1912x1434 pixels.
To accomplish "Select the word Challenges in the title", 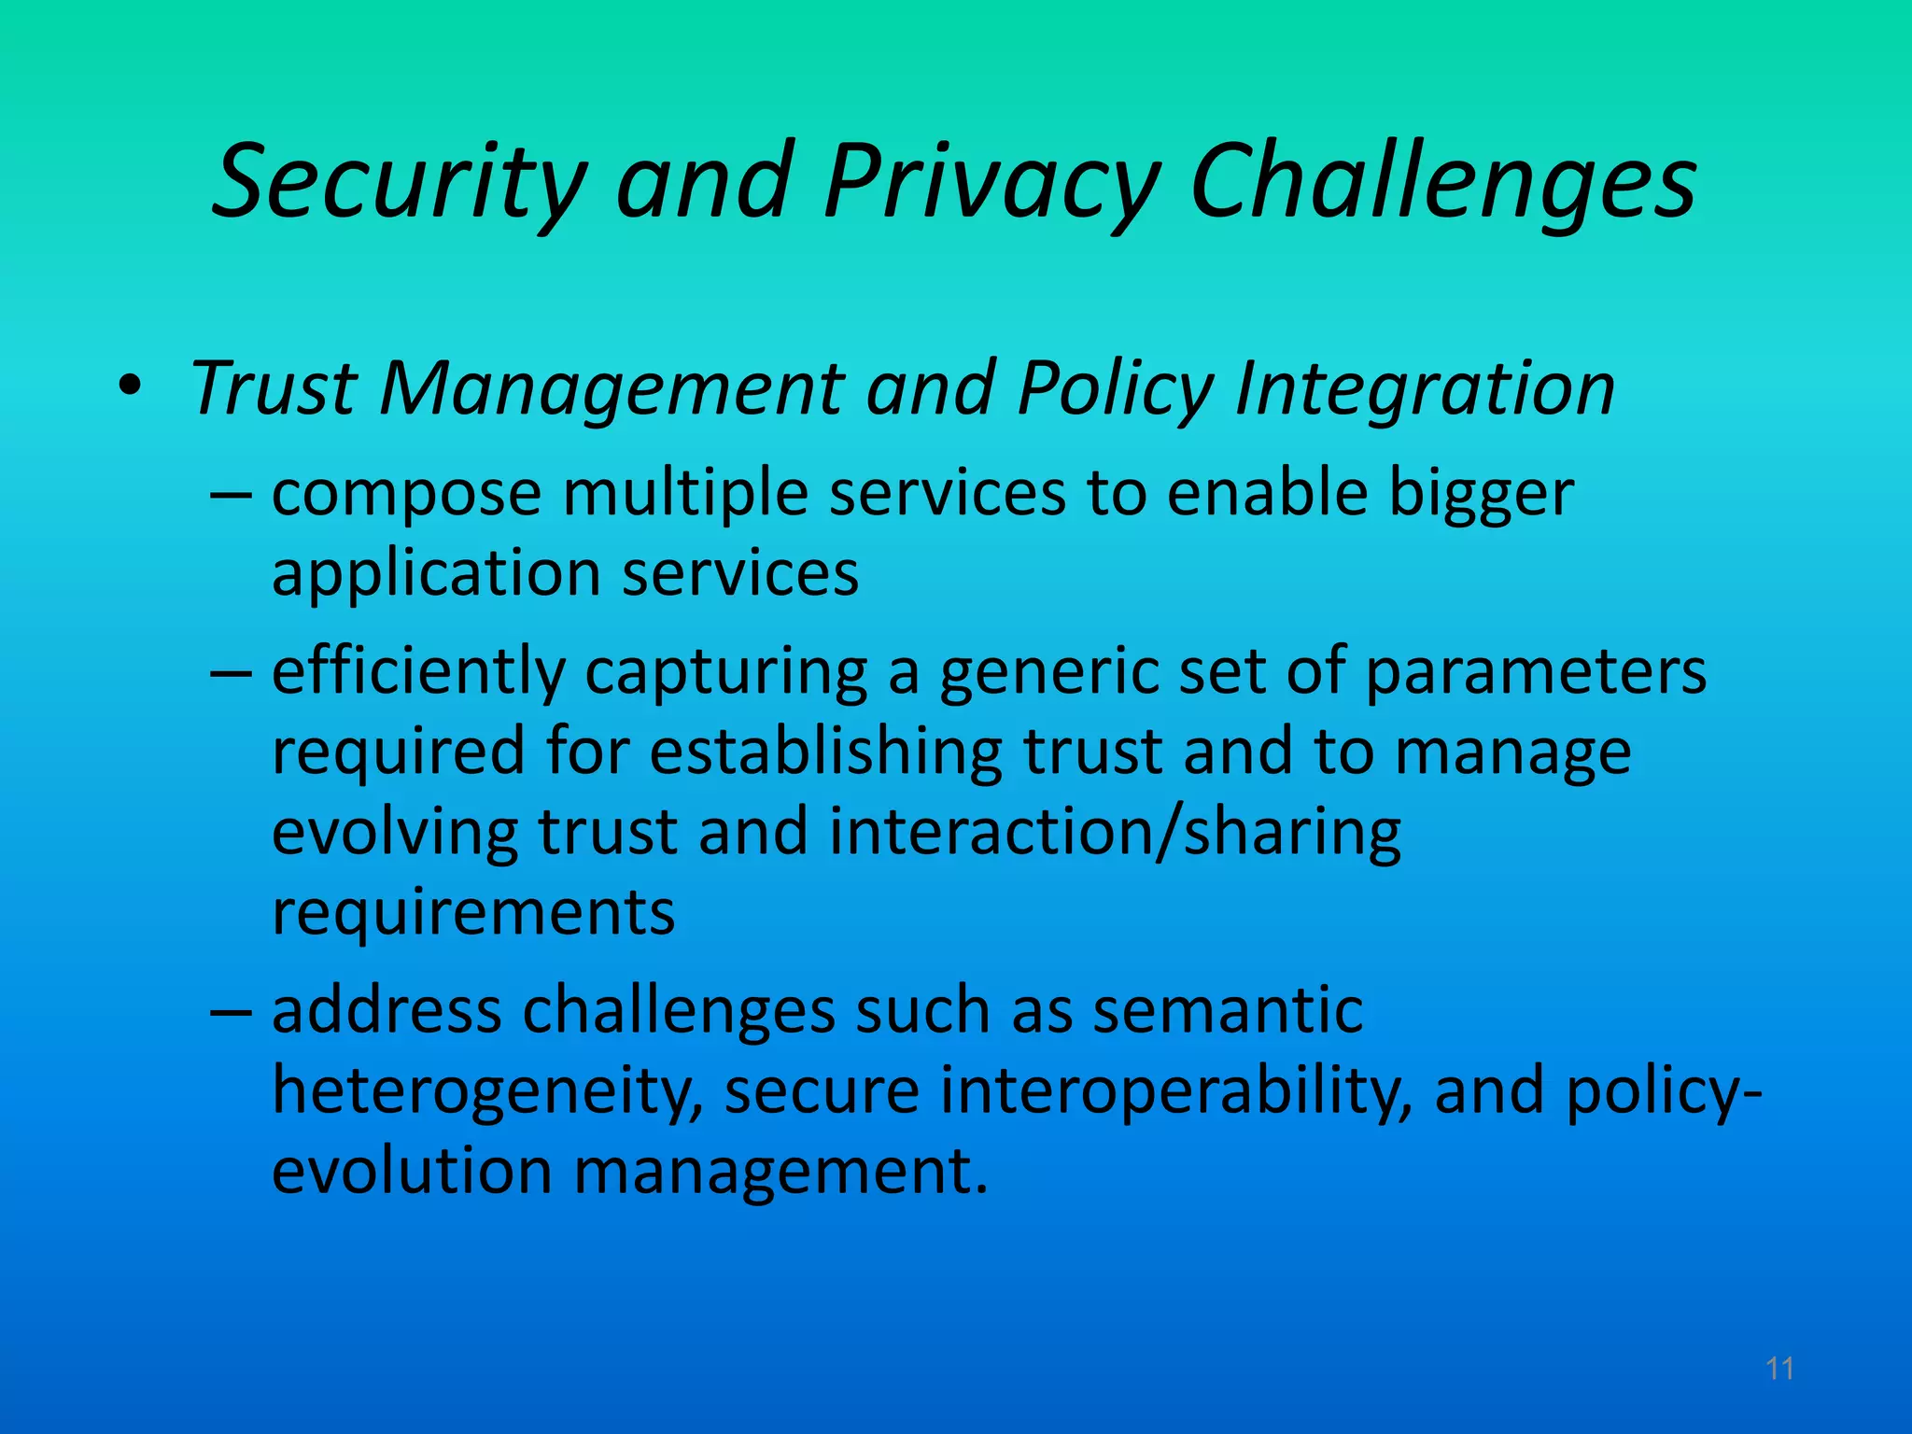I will coord(1443,182).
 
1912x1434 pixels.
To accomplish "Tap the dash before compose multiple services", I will coord(231,493).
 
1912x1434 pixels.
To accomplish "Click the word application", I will coord(436,574).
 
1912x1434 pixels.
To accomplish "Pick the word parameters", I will coord(1535,672).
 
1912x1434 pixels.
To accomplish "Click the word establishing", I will coord(825,752).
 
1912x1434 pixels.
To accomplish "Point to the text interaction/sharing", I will coord(1115,833).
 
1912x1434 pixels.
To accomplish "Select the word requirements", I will coord(473,913).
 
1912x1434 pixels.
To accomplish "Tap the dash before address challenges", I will coord(231,1011).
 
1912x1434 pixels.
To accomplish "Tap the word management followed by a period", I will coord(779,1172).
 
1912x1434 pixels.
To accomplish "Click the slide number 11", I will coord(1779,1369).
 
